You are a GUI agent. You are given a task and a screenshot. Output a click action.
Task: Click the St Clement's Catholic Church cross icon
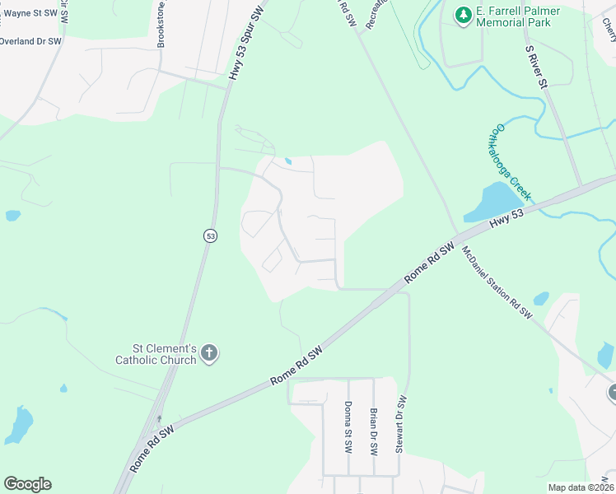tap(209, 353)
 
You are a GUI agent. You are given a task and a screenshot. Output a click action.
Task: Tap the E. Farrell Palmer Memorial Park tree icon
tap(464, 14)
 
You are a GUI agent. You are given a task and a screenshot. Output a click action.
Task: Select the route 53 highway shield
tap(212, 235)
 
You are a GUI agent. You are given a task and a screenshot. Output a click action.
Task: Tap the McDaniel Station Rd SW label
tap(497, 282)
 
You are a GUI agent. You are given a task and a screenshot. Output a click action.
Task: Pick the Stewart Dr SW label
tap(401, 424)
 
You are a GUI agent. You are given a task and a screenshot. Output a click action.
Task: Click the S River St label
tap(537, 67)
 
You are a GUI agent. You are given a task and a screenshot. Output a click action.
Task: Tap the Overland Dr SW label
tap(30, 40)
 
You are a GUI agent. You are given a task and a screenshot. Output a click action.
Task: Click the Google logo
tap(27, 484)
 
